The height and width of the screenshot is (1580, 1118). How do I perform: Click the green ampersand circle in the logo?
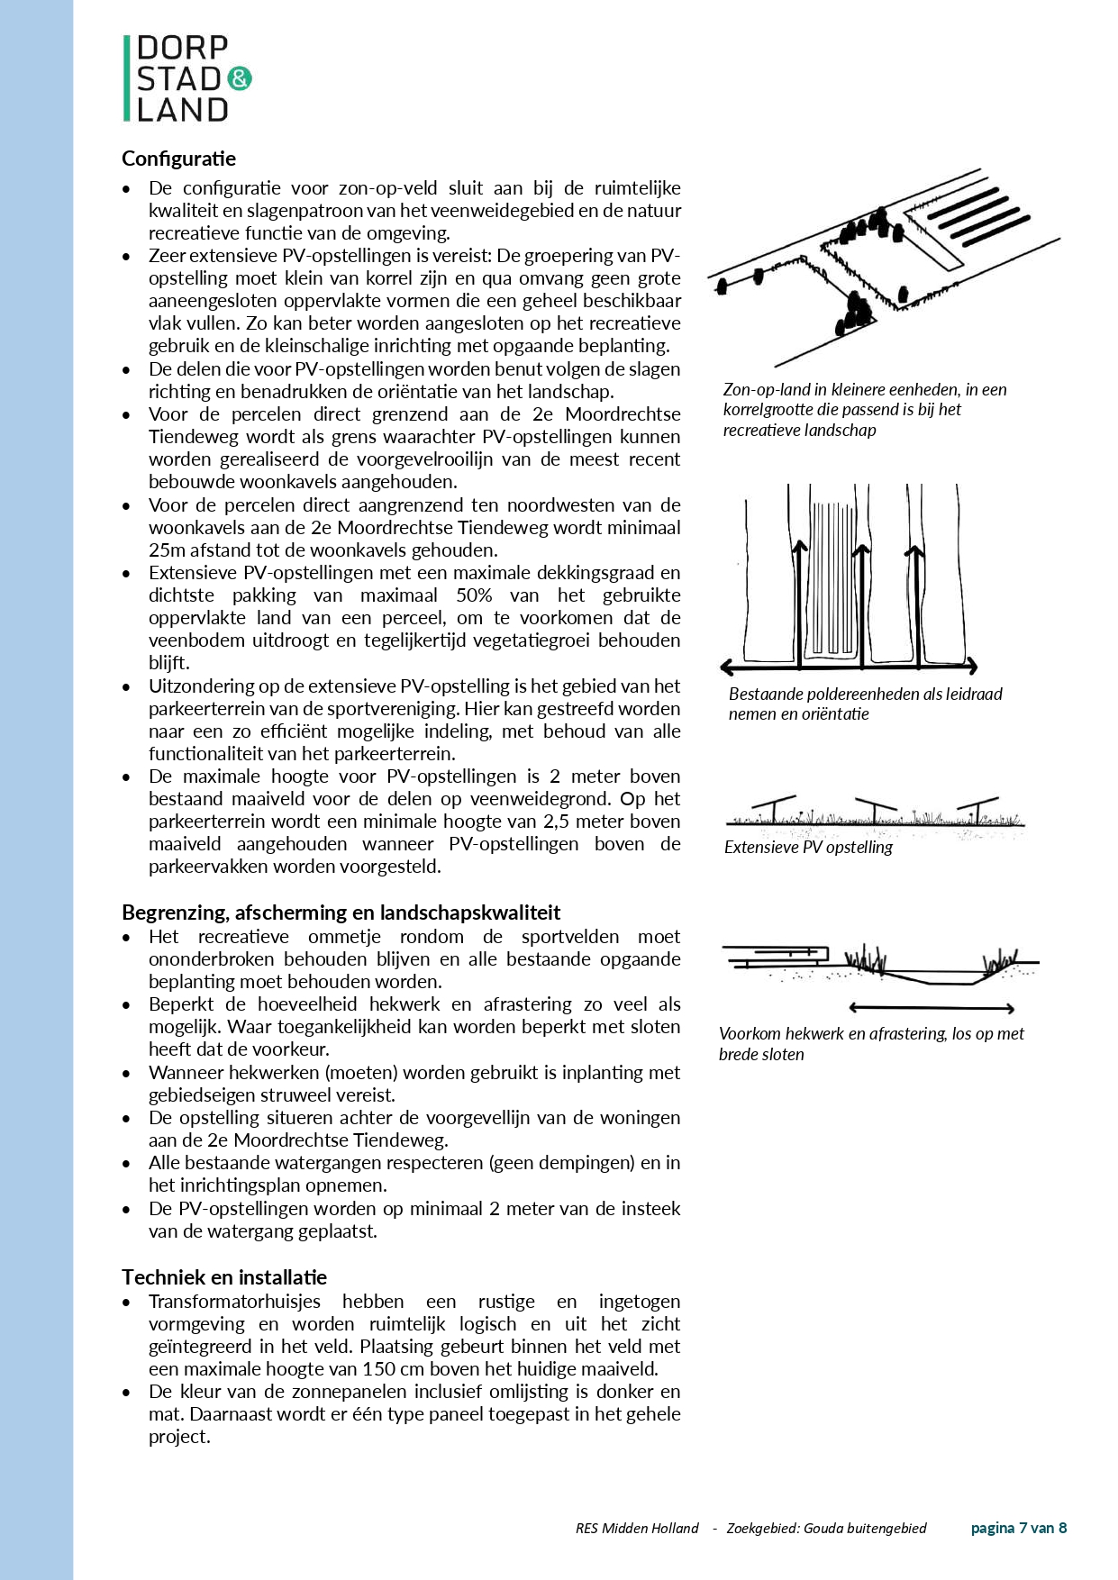tap(241, 79)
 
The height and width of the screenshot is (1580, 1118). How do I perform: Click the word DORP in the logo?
tap(183, 49)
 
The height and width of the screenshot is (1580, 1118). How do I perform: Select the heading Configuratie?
tap(178, 159)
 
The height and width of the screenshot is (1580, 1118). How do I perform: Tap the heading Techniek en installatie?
tap(224, 1276)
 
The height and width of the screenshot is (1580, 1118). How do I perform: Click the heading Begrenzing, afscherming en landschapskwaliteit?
tap(341, 913)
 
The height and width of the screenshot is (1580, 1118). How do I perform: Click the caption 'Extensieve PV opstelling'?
tap(808, 848)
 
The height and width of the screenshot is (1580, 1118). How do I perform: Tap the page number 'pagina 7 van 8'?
tap(1018, 1528)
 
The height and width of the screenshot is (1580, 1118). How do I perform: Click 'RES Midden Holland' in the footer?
tap(637, 1528)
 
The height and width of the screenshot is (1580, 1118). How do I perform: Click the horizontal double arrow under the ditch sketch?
tap(932, 1008)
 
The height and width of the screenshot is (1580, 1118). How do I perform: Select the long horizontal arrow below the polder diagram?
tap(849, 667)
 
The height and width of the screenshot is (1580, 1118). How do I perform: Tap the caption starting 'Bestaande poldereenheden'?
tap(865, 704)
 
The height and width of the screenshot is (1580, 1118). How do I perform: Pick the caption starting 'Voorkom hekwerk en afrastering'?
tap(871, 1044)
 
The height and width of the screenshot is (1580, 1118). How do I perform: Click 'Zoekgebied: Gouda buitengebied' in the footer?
tap(826, 1528)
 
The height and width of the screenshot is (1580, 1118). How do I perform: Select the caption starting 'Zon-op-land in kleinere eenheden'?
tap(865, 409)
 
